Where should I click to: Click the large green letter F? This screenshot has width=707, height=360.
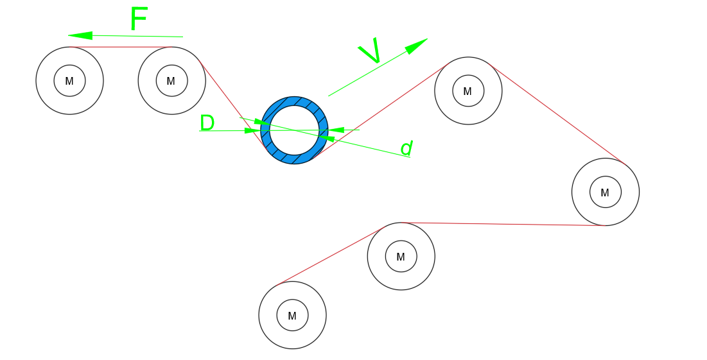coord(139,19)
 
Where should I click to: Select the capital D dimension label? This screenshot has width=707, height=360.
coord(207,123)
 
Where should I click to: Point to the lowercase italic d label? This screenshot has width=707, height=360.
coord(406,148)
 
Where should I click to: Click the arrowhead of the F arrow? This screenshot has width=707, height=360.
coord(80,35)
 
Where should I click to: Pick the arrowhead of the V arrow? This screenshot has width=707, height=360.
coord(416,46)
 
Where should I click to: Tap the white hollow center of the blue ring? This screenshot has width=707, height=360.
coord(294,130)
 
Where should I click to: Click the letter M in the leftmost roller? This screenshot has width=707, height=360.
coord(69,81)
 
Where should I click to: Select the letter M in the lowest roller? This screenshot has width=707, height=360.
coord(292,316)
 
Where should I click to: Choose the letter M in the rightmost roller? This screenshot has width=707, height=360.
coord(605,193)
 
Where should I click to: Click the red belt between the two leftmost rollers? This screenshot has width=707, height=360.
coord(121,47)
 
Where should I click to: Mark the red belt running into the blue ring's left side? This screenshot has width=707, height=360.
coord(232,104)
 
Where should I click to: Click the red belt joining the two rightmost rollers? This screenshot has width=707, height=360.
coord(557,114)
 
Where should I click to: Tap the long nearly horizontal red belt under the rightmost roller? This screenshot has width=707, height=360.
coord(503,224)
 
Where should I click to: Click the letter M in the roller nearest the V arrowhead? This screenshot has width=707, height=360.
coord(467,92)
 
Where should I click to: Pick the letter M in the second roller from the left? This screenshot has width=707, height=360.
coord(170,81)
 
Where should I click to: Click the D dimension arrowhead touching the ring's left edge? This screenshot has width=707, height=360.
coord(252,131)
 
